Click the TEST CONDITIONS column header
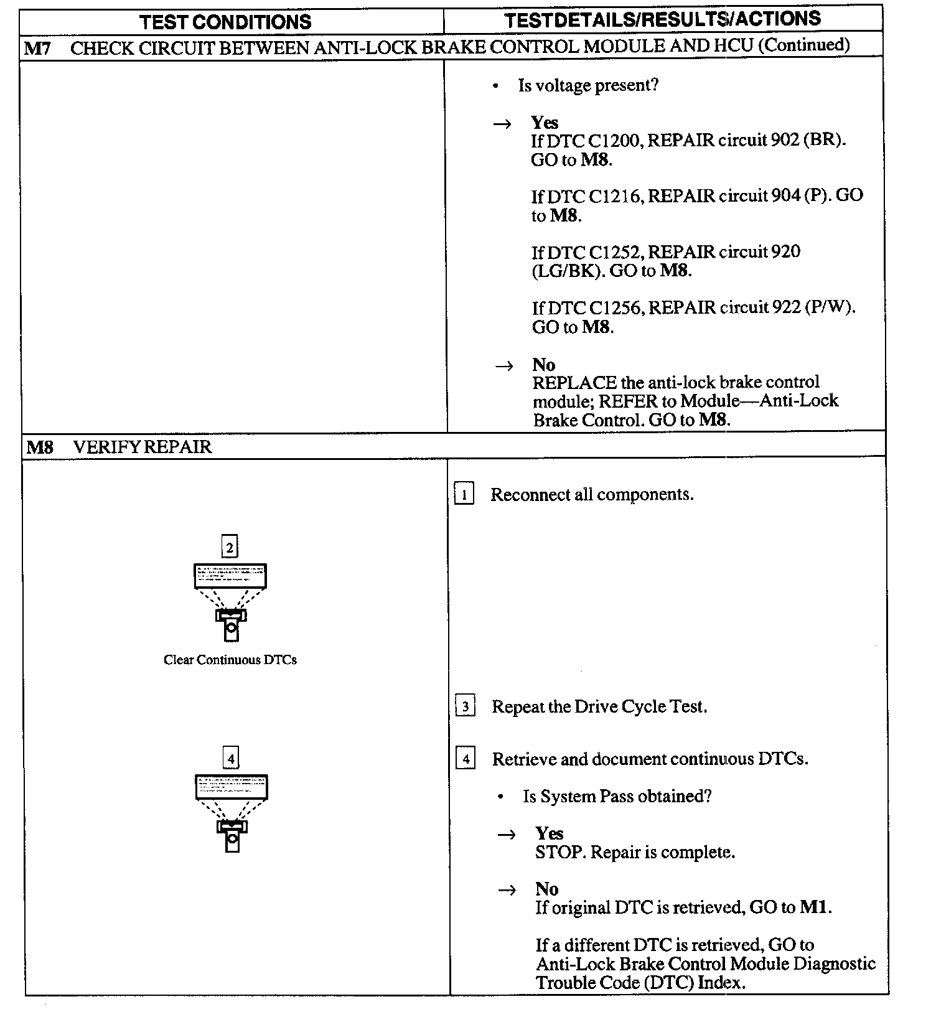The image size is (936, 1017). (225, 22)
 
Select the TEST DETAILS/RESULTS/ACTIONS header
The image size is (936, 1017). (663, 19)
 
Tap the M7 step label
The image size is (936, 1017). (37, 48)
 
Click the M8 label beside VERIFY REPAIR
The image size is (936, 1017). (40, 447)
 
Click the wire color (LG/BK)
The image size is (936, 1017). (568, 271)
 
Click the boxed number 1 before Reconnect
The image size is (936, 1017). (464, 495)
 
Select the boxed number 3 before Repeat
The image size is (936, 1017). (466, 707)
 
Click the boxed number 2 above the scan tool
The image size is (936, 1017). (230, 548)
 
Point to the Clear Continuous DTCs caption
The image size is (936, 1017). (230, 660)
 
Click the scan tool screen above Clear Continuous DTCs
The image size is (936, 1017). (230, 576)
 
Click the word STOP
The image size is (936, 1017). (560, 852)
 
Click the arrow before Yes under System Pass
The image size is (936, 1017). (507, 835)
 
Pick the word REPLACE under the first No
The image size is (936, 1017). (574, 383)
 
